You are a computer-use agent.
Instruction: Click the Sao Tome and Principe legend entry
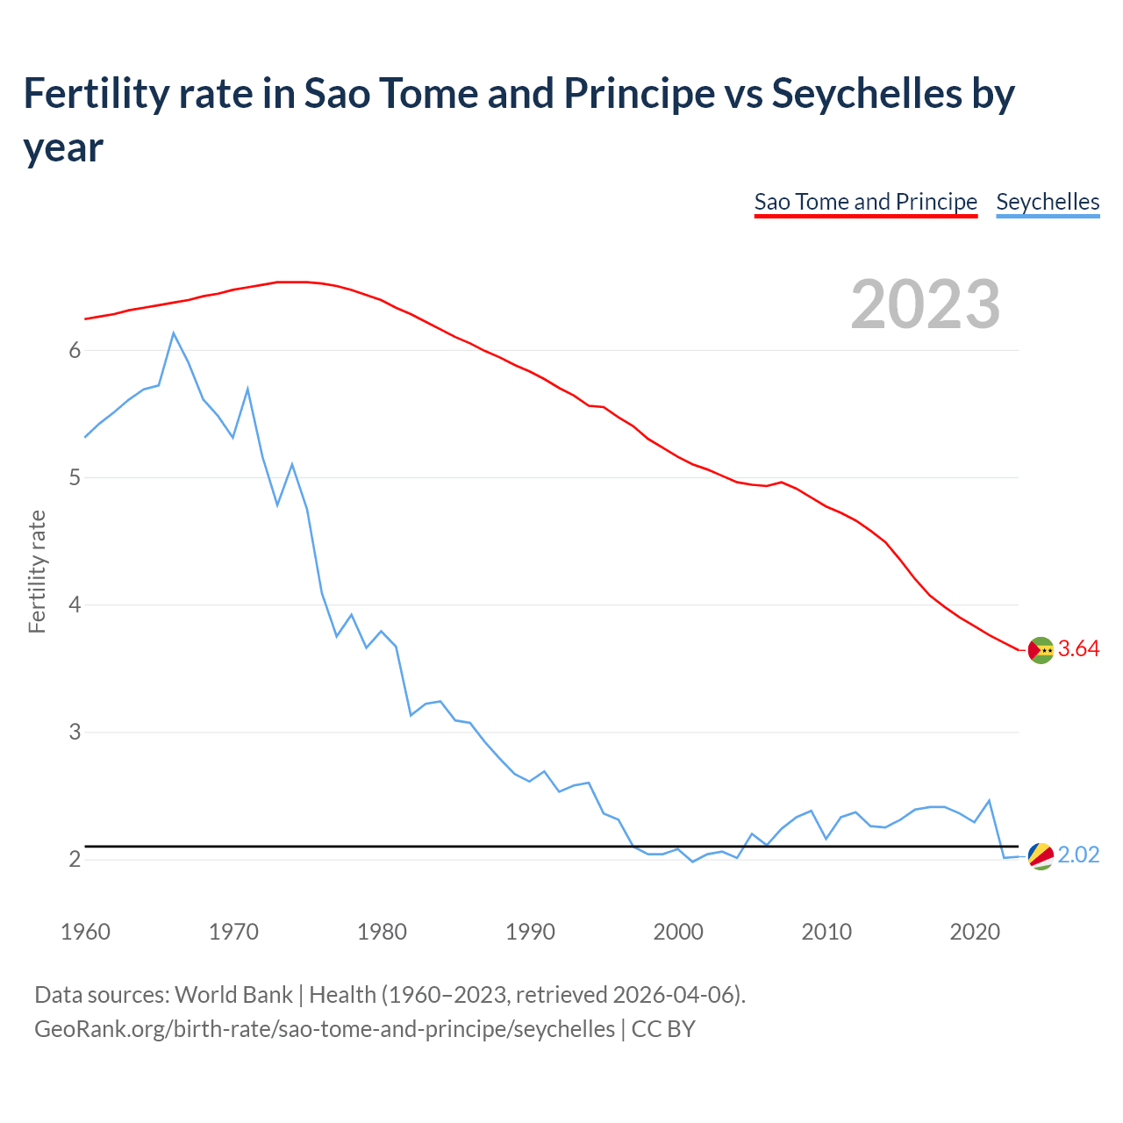coord(865,202)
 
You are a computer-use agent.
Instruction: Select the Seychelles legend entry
coord(1048,202)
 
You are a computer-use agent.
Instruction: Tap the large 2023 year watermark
coord(926,304)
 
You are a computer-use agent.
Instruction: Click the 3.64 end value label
coord(1078,649)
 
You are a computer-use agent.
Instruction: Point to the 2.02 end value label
coord(1078,855)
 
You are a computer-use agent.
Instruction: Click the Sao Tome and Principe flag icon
coord(1041,650)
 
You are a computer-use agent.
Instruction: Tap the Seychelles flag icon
coord(1041,855)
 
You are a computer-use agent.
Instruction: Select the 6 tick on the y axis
coord(75,350)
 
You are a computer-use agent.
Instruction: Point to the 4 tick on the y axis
coord(75,604)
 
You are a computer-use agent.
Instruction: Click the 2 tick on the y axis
coord(75,859)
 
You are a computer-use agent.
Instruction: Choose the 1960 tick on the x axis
coord(85,932)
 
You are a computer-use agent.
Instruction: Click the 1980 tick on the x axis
coord(382,932)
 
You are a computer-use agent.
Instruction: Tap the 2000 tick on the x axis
coord(678,932)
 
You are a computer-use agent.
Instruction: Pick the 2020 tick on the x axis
coord(975,932)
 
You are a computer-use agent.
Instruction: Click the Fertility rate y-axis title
coord(37,571)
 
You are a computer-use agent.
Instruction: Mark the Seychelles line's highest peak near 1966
coord(174,333)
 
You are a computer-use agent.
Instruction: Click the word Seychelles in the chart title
coord(867,94)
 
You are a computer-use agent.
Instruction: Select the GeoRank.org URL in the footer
coord(325,1028)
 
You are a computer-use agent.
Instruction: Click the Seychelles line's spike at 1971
coord(247,389)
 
